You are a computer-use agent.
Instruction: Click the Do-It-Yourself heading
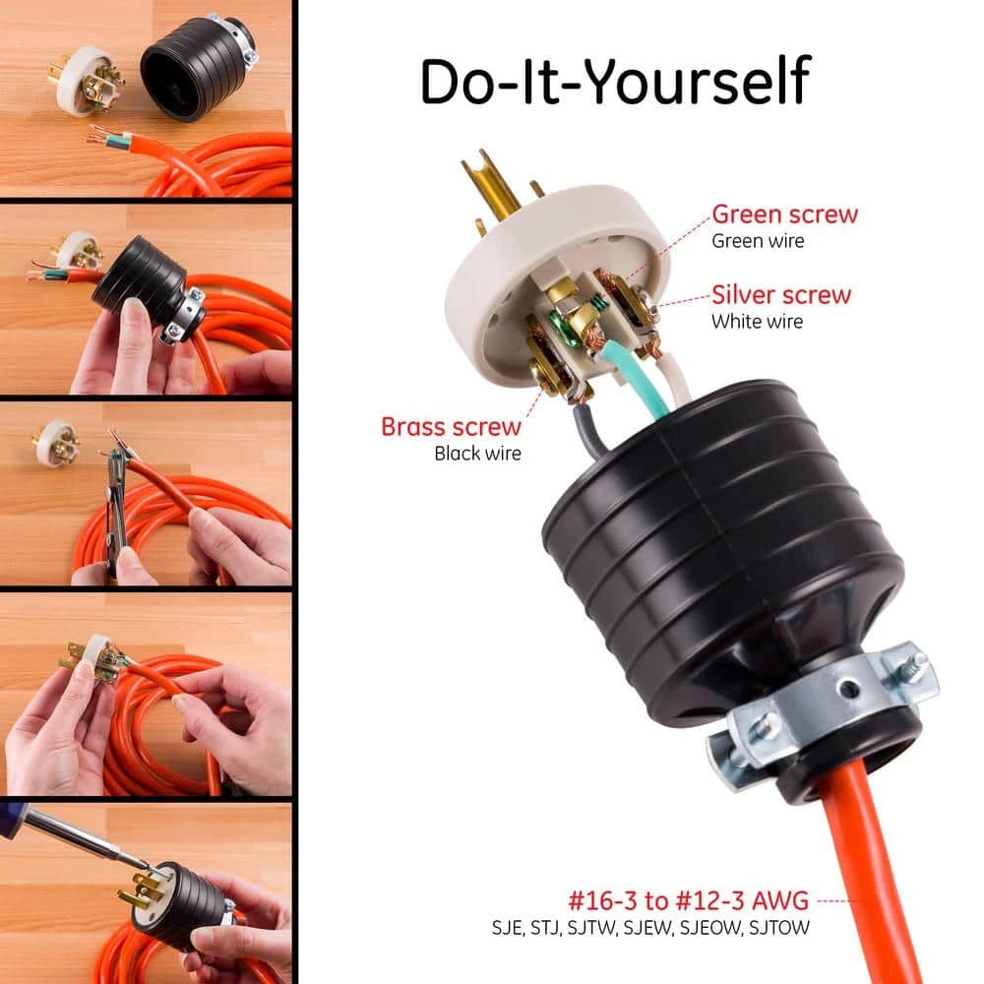point(614,81)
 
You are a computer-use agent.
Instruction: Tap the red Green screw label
point(784,214)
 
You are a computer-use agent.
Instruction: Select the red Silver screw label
point(781,293)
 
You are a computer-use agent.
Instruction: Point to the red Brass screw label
point(452,427)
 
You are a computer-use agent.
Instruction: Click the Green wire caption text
point(757,240)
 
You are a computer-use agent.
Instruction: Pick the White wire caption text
point(757,321)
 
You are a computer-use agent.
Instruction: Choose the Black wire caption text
point(478,454)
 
